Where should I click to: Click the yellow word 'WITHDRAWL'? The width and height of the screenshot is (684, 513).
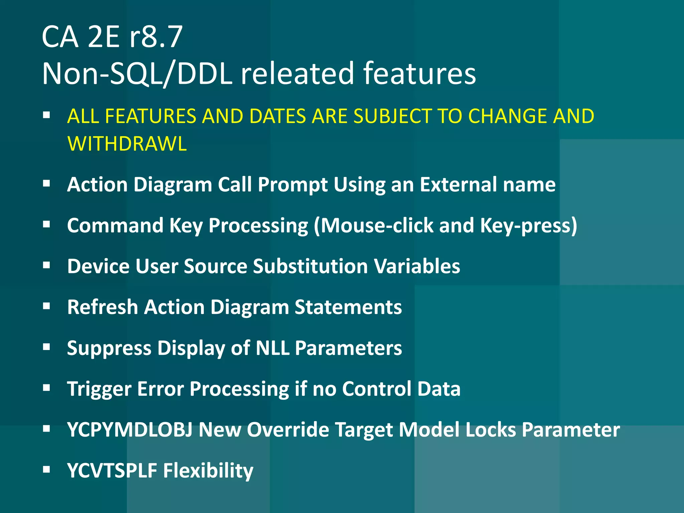click(127, 144)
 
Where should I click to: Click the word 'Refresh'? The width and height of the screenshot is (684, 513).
click(103, 307)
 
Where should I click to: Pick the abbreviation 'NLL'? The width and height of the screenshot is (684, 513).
click(272, 348)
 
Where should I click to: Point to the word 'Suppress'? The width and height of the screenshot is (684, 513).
click(109, 348)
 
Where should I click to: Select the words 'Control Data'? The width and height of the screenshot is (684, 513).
click(401, 389)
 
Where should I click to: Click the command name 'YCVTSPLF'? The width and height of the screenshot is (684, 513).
click(112, 471)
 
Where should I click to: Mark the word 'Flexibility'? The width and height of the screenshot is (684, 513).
click(208, 471)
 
